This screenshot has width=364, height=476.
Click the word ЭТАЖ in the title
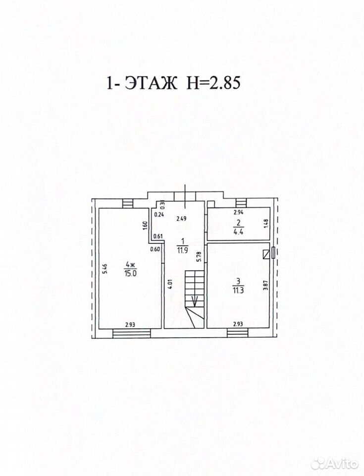click(x=151, y=83)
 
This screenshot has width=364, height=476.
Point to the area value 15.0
click(x=130, y=273)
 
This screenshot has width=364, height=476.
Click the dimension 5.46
click(x=104, y=268)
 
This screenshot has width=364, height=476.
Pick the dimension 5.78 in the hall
click(x=199, y=257)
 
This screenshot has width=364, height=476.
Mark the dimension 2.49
click(x=182, y=218)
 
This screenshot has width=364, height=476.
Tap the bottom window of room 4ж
click(x=132, y=333)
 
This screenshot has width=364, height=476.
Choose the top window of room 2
click(x=242, y=202)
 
